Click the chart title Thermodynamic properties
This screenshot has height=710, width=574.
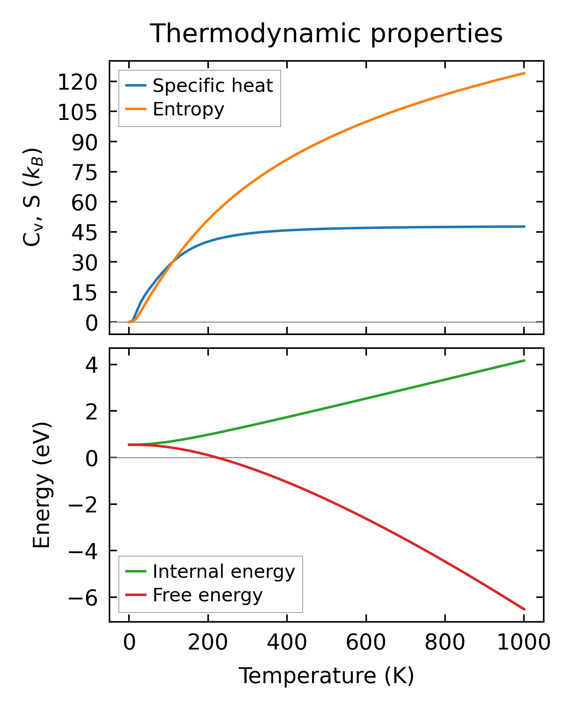point(326,34)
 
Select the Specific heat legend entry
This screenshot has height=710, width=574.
point(213,86)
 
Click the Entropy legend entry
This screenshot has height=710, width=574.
point(188,109)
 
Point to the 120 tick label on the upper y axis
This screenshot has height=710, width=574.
point(77,82)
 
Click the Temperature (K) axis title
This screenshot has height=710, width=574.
point(326,676)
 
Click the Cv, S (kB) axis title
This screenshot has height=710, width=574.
point(33,197)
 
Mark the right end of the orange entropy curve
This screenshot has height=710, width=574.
point(525,73)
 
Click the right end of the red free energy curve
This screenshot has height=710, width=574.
point(525,610)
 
